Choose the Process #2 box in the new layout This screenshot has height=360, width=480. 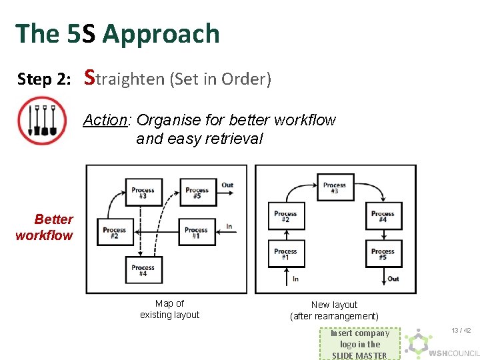[285, 217]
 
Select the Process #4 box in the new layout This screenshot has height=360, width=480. [383, 217]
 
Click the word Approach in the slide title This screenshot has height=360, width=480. [161, 33]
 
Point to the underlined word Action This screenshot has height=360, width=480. [107, 121]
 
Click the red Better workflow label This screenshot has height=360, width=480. [45, 227]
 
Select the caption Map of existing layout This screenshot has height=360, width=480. [169, 309]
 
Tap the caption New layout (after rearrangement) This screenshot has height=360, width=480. [334, 311]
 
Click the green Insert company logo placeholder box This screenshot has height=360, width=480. [359, 344]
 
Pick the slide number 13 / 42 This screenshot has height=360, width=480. [461, 331]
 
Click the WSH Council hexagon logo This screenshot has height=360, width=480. [418, 343]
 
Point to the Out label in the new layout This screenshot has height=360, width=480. [393, 279]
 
